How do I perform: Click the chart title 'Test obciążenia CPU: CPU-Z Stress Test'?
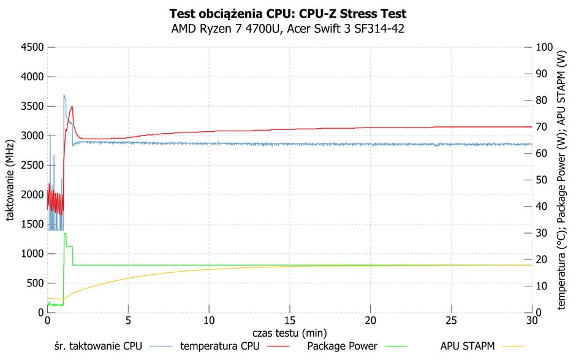pos(287,14)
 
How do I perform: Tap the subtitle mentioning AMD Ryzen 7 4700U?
pos(287,29)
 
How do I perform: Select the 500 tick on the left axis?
pos(36,283)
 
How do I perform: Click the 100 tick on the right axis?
pos(544,47)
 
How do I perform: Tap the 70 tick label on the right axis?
pos(542,127)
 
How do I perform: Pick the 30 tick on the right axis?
pos(542,233)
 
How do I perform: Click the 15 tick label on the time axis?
pos(290,321)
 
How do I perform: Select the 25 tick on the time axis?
pos(451,321)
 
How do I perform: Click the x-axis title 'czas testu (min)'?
pos(289,333)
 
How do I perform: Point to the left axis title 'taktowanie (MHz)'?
pos(10,180)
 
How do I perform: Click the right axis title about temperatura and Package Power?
pos(561,180)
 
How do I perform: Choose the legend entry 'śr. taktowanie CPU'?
pos(97,346)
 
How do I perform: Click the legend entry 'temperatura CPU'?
pos(219,346)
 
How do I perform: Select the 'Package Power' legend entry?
pos(342,346)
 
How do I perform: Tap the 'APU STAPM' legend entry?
pos(468,346)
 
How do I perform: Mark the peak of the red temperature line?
pos(72,106)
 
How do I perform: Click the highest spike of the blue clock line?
pos(64,94)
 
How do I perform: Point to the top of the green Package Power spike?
pos(65,233)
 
